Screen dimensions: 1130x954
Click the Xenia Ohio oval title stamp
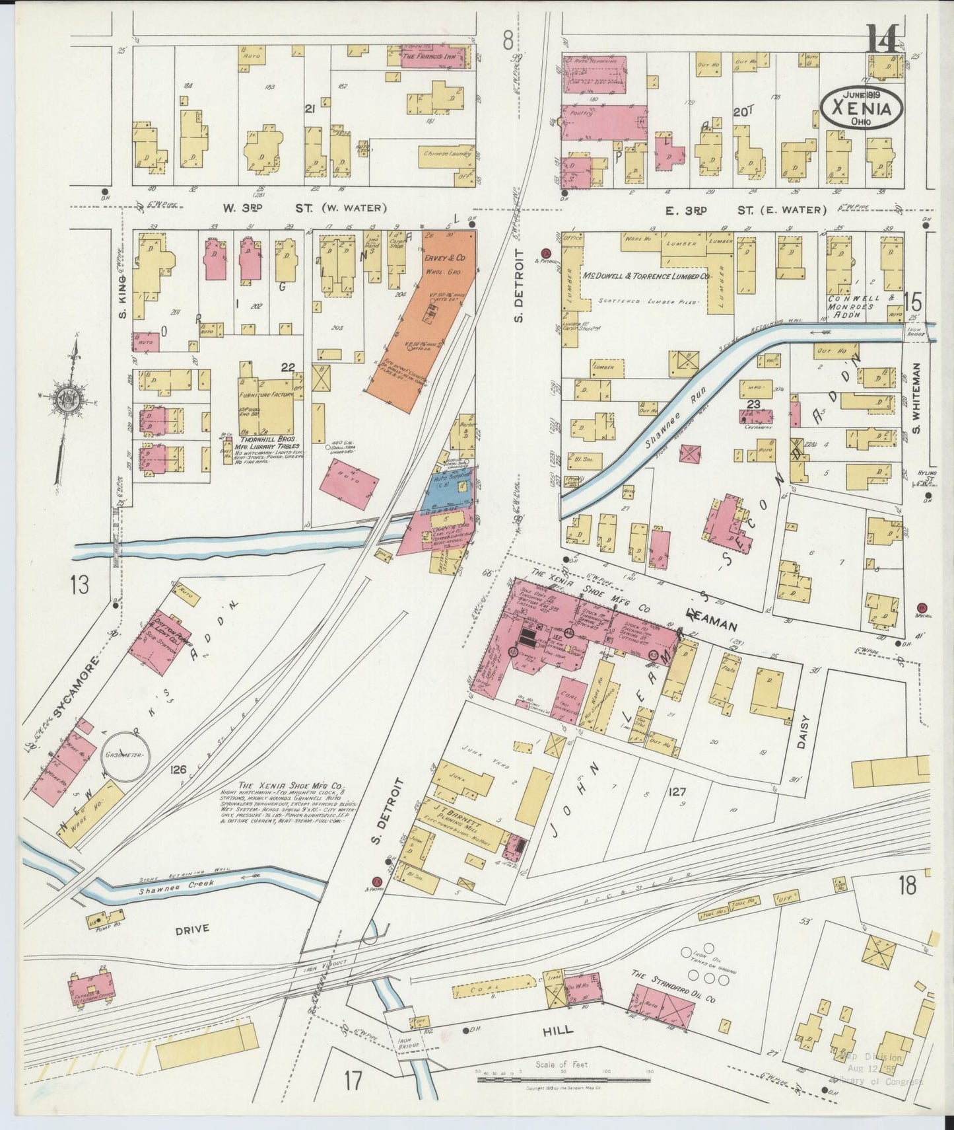pos(862,107)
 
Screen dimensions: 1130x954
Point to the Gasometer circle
pos(129,753)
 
